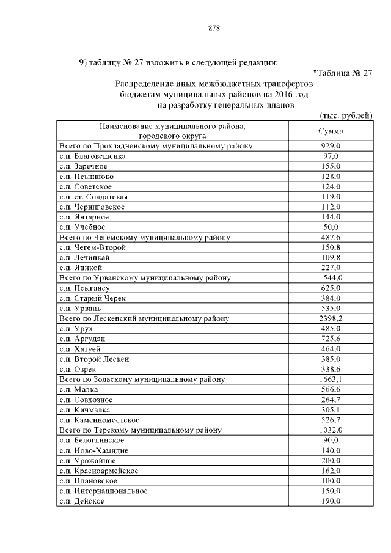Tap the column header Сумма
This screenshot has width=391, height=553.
tap(331, 131)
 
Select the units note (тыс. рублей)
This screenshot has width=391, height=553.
tap(346, 115)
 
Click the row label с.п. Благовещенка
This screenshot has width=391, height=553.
tap(92, 156)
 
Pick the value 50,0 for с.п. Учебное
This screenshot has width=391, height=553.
tap(331, 227)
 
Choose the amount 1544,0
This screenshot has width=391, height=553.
tap(331, 277)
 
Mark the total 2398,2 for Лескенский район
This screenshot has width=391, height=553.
tap(331, 318)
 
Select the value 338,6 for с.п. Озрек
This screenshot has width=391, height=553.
tap(331, 369)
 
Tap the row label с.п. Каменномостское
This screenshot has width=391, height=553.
tap(100, 420)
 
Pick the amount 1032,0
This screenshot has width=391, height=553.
tap(331, 430)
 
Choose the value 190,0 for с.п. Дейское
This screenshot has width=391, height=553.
tap(331, 501)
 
